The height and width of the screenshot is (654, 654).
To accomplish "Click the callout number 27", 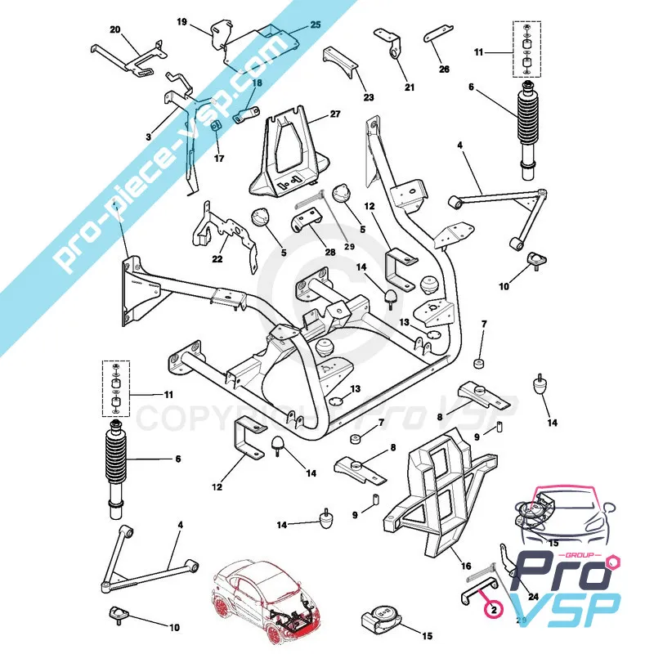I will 335,115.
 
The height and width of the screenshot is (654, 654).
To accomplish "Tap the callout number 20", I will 115,30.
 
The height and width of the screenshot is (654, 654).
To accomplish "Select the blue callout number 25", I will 316,25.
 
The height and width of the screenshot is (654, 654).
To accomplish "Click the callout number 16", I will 467,566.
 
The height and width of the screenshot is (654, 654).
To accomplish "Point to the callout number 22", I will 217,258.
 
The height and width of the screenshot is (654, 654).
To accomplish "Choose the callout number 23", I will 369,97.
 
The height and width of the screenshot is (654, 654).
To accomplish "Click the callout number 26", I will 444,69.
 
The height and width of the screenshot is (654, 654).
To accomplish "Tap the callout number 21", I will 409,87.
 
